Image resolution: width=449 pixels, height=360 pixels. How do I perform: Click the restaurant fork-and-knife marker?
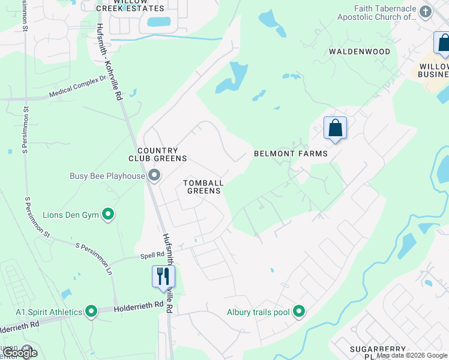tap(163, 277)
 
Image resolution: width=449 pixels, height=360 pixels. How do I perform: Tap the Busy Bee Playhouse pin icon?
tap(154, 176)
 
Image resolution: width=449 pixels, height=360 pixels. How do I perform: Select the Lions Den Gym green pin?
tap(108, 214)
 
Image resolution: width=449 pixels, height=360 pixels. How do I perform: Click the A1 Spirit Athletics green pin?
tap(91, 311)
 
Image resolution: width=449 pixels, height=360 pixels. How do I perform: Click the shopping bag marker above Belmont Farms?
tap(335, 128)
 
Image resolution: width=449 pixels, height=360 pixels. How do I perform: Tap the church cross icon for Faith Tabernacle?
tap(426, 11)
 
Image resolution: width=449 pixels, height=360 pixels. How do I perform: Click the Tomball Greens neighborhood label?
tap(203, 187)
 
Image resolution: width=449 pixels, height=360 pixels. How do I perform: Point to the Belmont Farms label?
tap(291, 154)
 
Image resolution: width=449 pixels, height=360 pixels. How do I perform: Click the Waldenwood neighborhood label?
tap(359, 52)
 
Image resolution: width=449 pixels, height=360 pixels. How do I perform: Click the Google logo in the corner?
tap(19, 352)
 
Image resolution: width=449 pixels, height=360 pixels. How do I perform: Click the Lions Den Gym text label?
tap(71, 214)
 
